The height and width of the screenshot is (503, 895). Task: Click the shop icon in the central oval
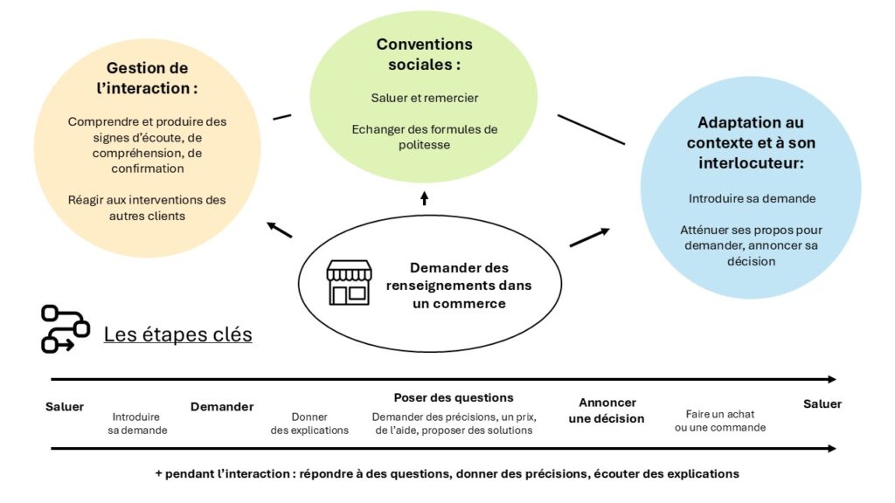(349, 282)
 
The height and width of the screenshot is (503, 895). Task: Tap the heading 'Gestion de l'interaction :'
(147, 78)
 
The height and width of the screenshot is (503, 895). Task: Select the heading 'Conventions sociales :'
(424, 54)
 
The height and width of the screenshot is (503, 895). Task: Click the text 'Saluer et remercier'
(424, 98)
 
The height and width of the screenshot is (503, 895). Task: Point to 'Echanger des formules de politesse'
(424, 136)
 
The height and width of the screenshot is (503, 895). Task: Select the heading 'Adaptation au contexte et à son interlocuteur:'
(751, 142)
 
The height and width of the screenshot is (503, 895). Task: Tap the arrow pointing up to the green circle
(424, 198)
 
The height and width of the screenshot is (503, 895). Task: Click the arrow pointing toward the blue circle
(590, 238)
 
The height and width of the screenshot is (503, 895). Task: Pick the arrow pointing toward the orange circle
(279, 230)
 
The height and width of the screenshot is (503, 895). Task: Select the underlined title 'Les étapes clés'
(177, 334)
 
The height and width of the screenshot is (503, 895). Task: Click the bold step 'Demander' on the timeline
(222, 406)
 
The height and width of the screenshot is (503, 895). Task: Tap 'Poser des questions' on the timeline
(453, 397)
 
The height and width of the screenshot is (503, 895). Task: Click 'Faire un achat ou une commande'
(720, 420)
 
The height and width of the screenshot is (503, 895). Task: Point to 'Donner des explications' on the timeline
(309, 424)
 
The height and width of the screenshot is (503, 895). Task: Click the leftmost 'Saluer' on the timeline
(65, 406)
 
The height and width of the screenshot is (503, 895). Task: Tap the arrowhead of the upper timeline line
(830, 379)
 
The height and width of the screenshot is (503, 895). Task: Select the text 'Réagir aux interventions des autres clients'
(147, 207)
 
